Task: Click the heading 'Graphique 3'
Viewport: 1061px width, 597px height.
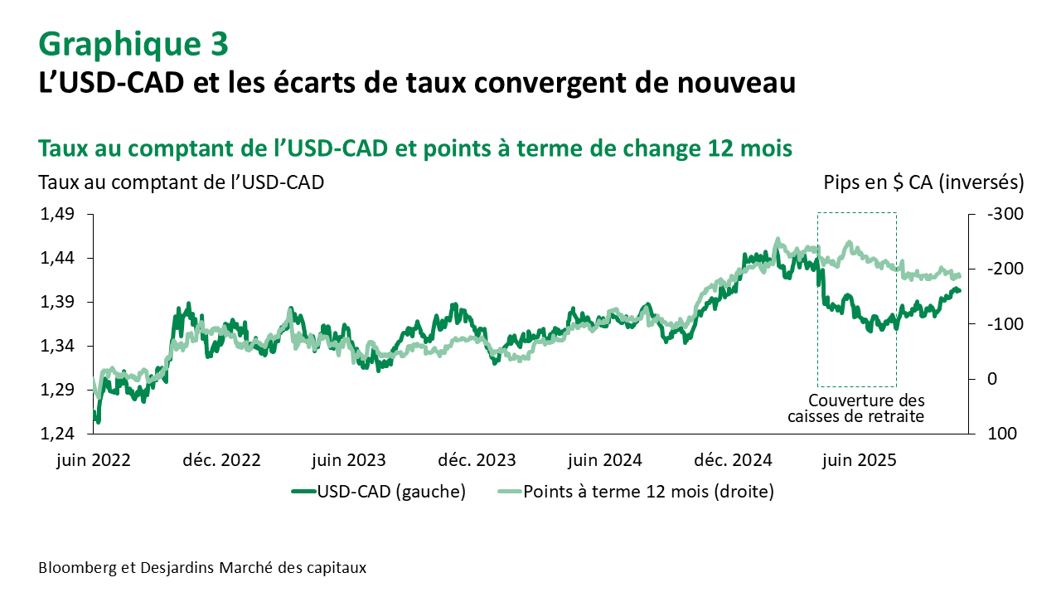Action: [x=133, y=43]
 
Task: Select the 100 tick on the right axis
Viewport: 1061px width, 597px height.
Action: [x=1001, y=434]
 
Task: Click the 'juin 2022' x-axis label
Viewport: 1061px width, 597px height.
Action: [x=94, y=459]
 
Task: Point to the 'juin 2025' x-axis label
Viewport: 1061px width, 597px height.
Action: [x=859, y=459]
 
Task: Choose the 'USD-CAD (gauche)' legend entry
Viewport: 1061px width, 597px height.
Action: [x=379, y=492]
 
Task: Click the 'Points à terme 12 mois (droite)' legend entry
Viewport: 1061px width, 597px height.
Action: [x=635, y=492]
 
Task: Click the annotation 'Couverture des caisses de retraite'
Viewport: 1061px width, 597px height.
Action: [x=856, y=408]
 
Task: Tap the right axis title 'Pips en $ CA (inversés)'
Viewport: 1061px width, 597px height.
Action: [x=923, y=182]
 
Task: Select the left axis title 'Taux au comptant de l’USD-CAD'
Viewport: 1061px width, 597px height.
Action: [x=181, y=182]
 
